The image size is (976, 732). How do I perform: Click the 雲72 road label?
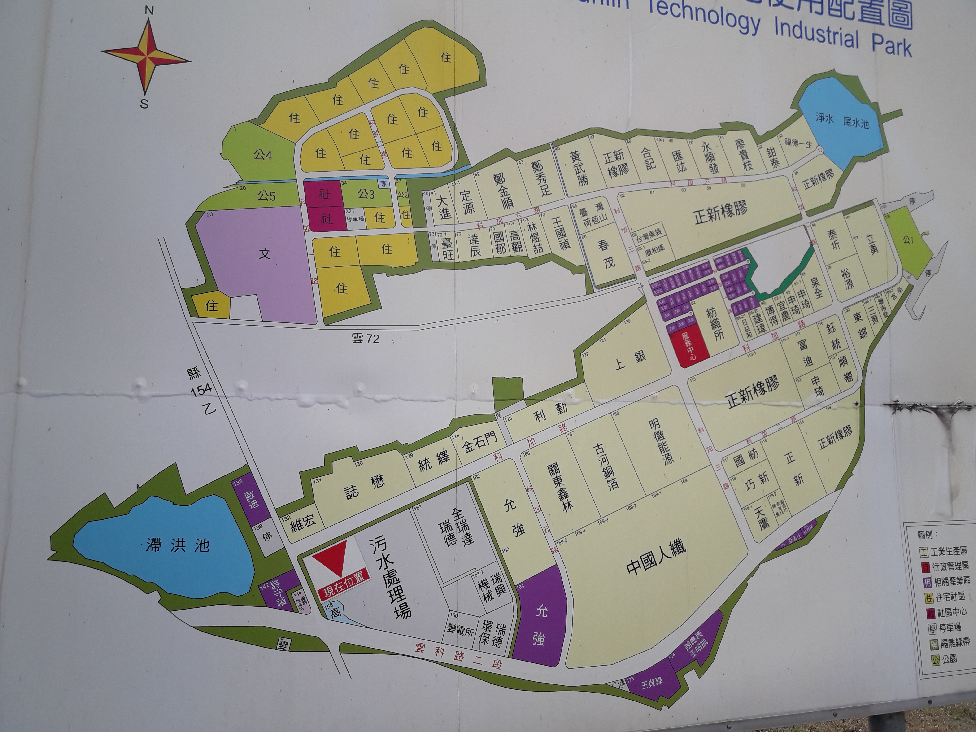(x=365, y=338)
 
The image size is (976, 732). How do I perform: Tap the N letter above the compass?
(x=149, y=11)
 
